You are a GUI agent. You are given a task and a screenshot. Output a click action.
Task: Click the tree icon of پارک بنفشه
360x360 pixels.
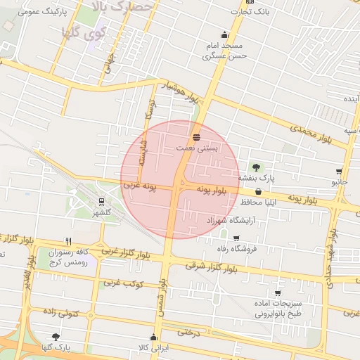tap(256, 167)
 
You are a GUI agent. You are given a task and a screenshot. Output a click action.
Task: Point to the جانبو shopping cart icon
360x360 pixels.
tap(340, 172)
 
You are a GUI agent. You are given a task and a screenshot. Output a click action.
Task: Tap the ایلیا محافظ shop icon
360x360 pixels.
tap(258, 191)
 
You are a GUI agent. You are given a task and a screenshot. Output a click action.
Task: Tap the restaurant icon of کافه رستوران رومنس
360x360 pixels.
tap(67, 240)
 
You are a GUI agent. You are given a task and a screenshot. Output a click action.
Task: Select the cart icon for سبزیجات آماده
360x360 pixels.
tap(278, 292)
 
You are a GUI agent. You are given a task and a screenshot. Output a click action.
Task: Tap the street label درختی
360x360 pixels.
tap(188, 332)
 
